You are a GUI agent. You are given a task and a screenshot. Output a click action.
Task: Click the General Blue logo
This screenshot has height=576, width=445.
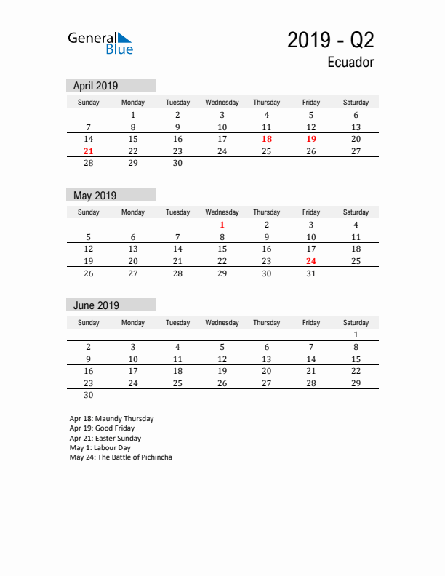click(x=100, y=43)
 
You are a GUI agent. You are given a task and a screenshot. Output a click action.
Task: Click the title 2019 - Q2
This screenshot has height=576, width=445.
click(x=331, y=40)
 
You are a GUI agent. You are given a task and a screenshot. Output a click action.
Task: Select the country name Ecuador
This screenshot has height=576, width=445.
click(x=350, y=63)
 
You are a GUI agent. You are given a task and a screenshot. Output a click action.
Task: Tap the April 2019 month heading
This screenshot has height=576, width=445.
click(x=95, y=85)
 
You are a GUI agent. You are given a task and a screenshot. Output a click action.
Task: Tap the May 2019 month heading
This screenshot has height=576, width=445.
click(x=95, y=196)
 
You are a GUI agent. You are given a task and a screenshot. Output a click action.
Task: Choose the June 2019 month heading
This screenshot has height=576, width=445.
click(x=96, y=305)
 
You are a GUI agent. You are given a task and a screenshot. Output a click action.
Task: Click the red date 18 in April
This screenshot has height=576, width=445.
click(x=267, y=139)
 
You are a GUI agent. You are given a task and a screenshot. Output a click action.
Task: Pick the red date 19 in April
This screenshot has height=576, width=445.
click(x=311, y=139)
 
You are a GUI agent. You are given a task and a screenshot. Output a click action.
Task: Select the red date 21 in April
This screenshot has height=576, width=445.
click(x=89, y=151)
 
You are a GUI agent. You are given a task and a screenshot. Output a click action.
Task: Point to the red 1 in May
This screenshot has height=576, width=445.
click(x=222, y=225)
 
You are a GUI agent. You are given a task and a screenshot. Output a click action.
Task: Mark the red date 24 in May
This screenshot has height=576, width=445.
click(x=311, y=261)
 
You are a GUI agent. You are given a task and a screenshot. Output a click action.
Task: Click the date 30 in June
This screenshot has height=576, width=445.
click(x=89, y=396)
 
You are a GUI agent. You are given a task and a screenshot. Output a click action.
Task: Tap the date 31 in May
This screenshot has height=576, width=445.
click(x=311, y=273)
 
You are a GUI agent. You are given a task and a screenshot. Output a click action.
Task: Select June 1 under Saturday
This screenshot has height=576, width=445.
click(x=356, y=335)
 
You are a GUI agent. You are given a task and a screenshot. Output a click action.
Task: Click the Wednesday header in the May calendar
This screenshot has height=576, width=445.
click(x=222, y=212)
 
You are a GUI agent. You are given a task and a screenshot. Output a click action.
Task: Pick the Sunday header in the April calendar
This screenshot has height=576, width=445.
click(x=89, y=103)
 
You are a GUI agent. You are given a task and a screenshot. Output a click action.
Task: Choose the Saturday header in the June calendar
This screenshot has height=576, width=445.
click(x=356, y=323)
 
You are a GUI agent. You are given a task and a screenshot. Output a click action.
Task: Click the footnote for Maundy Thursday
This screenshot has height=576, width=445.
click(x=111, y=419)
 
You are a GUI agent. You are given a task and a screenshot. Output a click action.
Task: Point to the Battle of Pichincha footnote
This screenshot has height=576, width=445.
click(x=121, y=457)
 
